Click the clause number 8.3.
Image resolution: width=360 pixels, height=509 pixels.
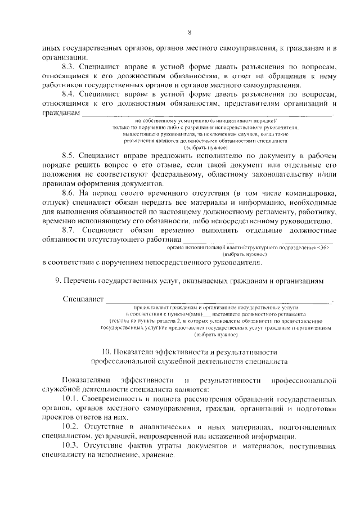pyautogui.click(x=69, y=66)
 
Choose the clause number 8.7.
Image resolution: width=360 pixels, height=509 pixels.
pyautogui.click(x=69, y=230)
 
